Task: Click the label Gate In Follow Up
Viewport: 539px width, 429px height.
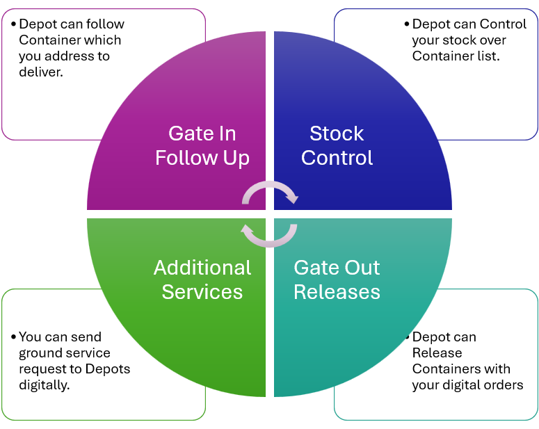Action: coord(202,145)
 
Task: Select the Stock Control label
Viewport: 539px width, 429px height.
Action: coord(337,145)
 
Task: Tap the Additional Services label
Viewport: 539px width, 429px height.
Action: coord(202,280)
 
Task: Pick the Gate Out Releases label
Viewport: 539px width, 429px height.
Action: coord(337,280)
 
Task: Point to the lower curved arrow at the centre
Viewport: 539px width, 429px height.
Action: coord(269,236)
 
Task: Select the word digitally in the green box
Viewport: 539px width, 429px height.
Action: coord(44,385)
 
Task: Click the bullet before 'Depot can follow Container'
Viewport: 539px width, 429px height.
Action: coord(13,24)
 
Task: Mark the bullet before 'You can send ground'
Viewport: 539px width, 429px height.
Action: coord(13,337)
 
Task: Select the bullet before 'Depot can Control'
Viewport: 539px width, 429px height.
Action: coord(407,24)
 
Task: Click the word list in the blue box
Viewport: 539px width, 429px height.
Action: coord(488,56)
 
